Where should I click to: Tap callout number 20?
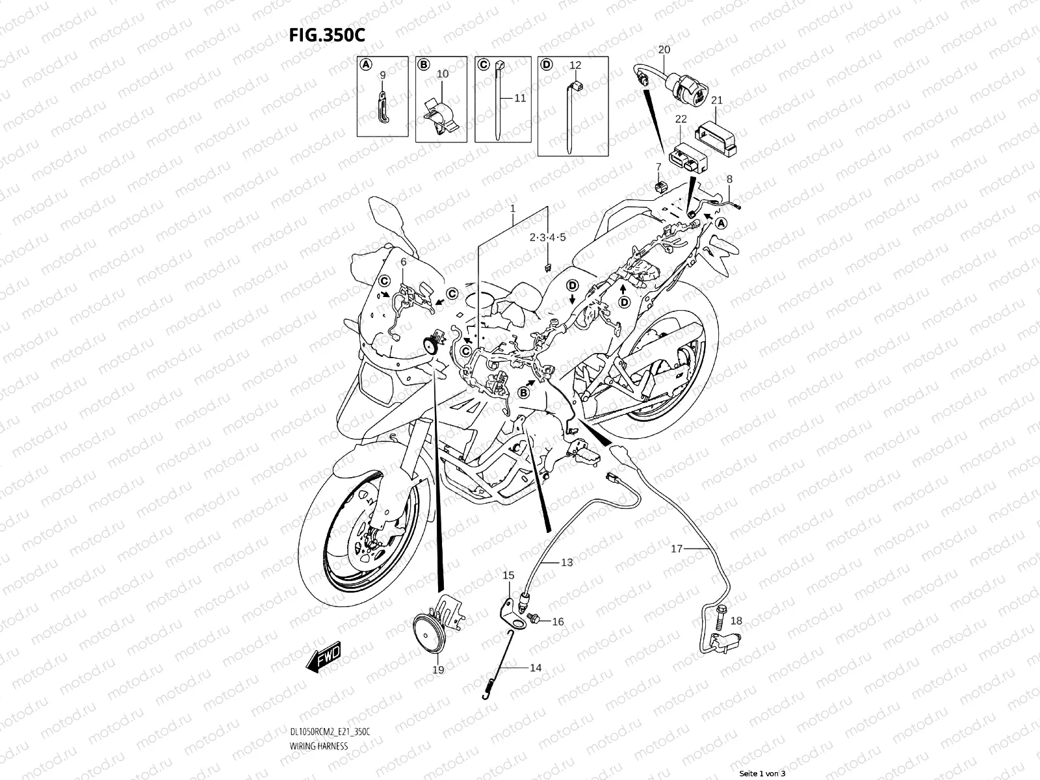click(664, 49)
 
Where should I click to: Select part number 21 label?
click(717, 100)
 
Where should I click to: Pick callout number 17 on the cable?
click(677, 549)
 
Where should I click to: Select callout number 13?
click(567, 562)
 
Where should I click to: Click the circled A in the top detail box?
click(366, 64)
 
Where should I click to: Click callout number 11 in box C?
click(520, 98)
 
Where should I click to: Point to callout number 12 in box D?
click(575, 65)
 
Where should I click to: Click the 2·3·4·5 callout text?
click(547, 238)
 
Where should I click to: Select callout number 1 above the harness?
click(513, 209)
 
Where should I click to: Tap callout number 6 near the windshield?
click(403, 261)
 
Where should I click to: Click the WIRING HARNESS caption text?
click(318, 746)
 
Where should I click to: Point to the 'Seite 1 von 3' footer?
click(763, 773)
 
